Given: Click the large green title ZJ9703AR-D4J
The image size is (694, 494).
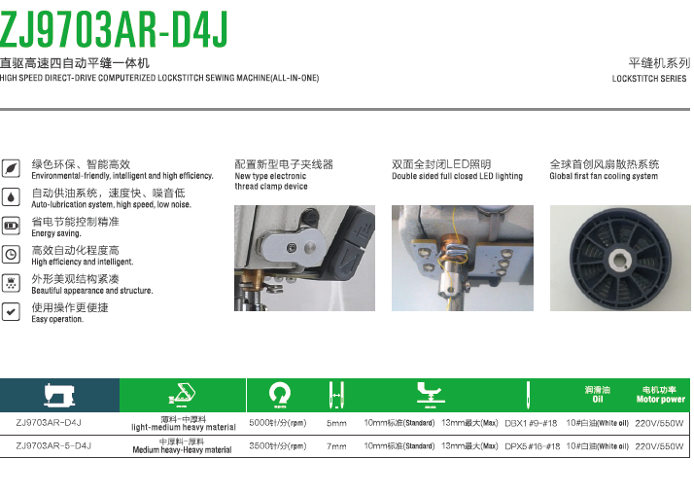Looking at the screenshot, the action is point(114,29).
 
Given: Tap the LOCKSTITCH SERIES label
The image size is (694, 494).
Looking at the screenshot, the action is point(649,79).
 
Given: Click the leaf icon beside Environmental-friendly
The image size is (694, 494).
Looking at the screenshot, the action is point(11,168).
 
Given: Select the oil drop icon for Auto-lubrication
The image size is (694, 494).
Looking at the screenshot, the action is point(11,197).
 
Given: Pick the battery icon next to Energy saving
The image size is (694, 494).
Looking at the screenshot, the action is point(11,226).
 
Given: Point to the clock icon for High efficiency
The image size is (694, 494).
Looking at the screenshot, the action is point(11,255).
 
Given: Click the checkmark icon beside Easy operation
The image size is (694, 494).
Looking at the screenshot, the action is point(11,311).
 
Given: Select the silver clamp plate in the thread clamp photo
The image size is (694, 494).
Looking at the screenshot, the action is point(293,247).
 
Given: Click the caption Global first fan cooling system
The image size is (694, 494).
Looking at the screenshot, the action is point(604,176).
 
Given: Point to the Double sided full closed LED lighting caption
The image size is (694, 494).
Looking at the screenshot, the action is point(457,176).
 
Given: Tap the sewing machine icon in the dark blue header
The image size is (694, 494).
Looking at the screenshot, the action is point(59,395).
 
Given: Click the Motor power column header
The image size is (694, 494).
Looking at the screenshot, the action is point(660,400).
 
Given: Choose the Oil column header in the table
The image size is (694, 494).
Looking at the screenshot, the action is point(598,400).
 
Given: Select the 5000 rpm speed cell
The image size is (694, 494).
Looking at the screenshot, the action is point(278,423).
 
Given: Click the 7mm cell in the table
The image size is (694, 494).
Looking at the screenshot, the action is point(336,446).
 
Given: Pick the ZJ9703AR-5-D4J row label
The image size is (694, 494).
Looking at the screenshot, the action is point(53,445).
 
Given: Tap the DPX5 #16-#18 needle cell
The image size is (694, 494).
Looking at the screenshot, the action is point(533,446).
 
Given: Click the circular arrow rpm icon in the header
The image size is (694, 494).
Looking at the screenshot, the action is point(280,395).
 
